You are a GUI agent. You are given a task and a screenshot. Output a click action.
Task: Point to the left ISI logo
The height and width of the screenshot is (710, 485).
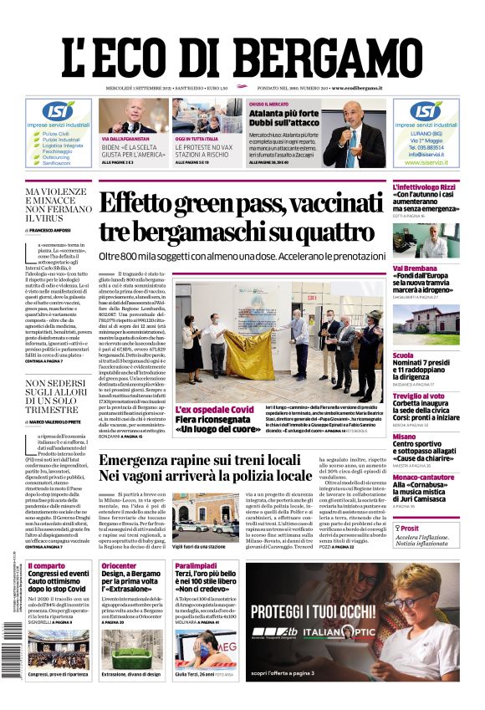[58, 110]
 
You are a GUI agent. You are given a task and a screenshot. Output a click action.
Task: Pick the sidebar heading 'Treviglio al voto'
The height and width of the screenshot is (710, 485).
[424, 396]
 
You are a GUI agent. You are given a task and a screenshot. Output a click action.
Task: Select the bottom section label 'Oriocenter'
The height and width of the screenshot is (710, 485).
[119, 566]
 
